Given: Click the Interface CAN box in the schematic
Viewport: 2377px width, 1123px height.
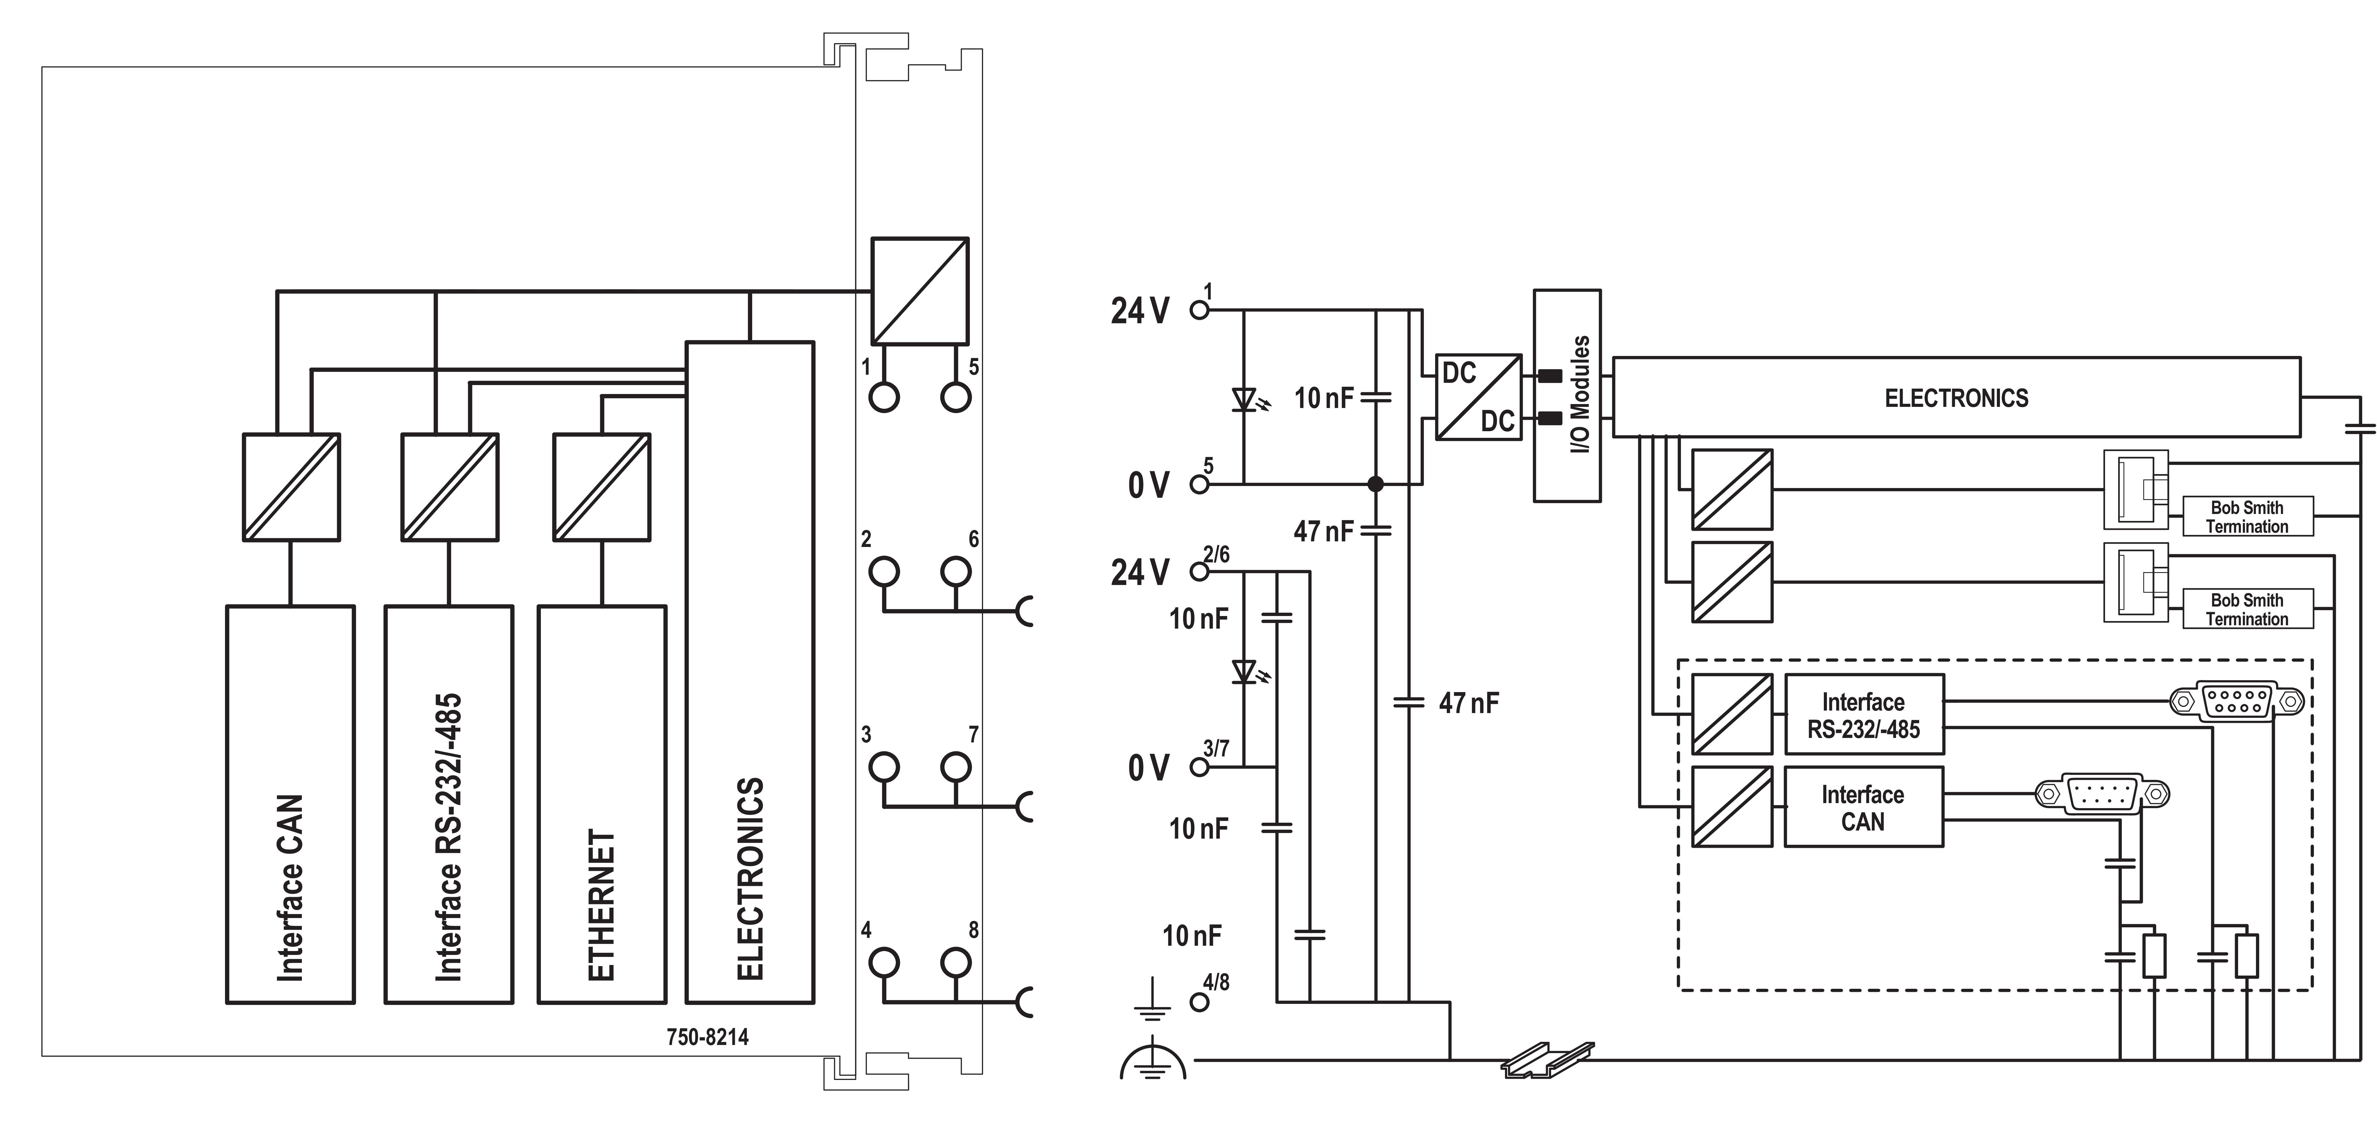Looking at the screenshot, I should (1863, 807).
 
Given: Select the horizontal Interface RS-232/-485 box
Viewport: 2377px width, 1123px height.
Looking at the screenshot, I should (1863, 715).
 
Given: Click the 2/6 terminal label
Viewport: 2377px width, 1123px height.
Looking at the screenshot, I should (1216, 555).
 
